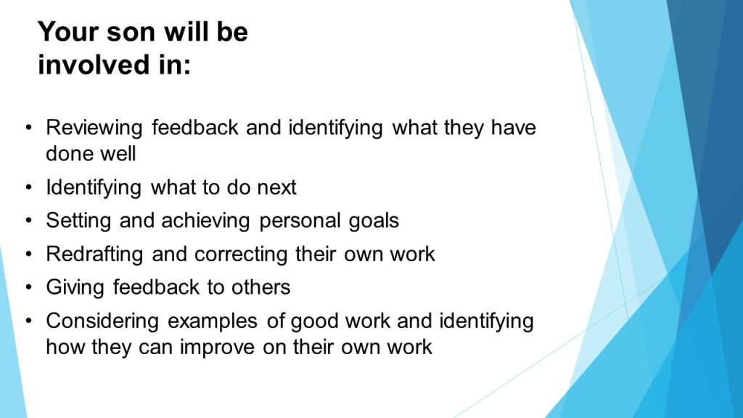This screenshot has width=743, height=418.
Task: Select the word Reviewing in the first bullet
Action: pos(94,128)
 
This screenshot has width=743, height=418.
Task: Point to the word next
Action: pos(276,188)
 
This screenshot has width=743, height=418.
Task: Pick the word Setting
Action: pos(78,221)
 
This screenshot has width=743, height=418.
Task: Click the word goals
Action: pos(374,221)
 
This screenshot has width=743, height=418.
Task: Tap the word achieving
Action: pos(205,221)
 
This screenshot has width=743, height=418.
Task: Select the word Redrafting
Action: pos(94,255)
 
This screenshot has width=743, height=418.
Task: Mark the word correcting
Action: pos(241,255)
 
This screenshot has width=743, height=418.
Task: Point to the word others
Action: pos(260,287)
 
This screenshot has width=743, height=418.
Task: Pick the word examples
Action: pos(213,321)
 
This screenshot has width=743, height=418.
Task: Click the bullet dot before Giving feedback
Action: pos(29,287)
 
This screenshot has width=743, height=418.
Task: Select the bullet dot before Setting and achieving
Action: pos(29,221)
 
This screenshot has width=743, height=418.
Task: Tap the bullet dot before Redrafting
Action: pos(29,254)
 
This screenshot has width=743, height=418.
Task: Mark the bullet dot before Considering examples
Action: pos(29,321)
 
